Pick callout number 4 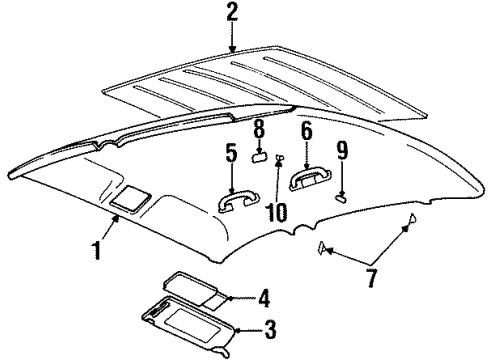(x=264, y=296)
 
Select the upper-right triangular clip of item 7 (x=412, y=223)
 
